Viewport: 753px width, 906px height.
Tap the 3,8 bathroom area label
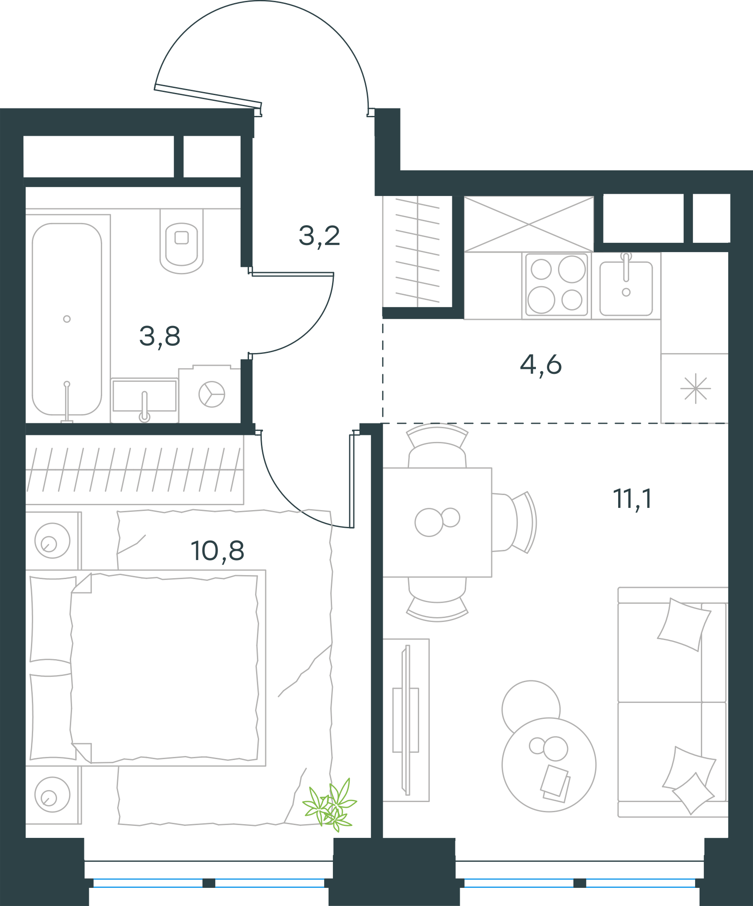(x=160, y=337)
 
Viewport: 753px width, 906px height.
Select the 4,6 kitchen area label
(x=541, y=365)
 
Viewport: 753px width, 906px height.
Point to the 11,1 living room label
(x=632, y=499)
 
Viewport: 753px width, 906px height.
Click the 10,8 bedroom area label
(x=218, y=551)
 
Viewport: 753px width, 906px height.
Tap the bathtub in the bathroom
(x=67, y=319)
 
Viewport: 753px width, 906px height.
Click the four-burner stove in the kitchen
(x=556, y=286)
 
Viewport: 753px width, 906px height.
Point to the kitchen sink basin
(x=626, y=288)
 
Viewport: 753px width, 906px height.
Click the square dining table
(x=437, y=522)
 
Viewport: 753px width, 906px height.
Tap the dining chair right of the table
(x=515, y=522)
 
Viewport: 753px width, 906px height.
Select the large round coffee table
(x=549, y=765)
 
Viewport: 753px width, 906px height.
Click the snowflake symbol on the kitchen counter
(x=696, y=389)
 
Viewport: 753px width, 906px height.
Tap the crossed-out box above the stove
(x=529, y=224)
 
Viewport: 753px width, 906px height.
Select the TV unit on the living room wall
(x=406, y=720)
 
